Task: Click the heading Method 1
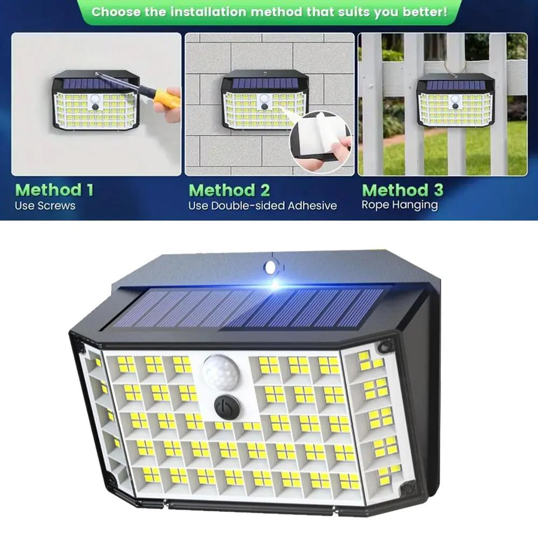(54, 189)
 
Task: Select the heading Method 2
(229, 190)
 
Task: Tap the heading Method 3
(403, 189)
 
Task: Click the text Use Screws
(46, 206)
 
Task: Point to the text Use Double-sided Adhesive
(263, 206)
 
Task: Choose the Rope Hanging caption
(400, 204)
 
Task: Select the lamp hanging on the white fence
(456, 101)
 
